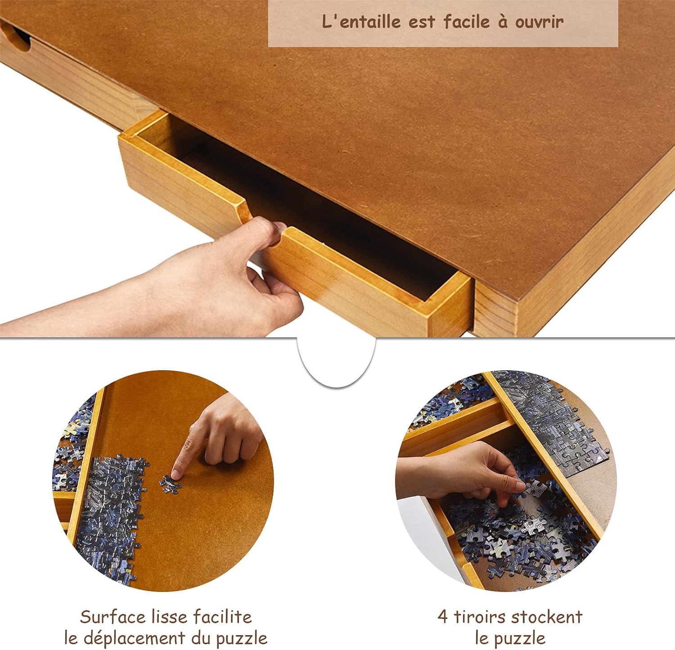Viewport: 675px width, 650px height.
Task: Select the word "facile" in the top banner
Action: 467,22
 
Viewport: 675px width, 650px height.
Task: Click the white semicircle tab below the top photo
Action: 337,360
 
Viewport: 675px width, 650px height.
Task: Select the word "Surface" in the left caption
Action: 108,616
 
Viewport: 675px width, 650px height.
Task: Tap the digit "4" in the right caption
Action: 443,617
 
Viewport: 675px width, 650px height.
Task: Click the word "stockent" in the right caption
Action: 547,617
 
